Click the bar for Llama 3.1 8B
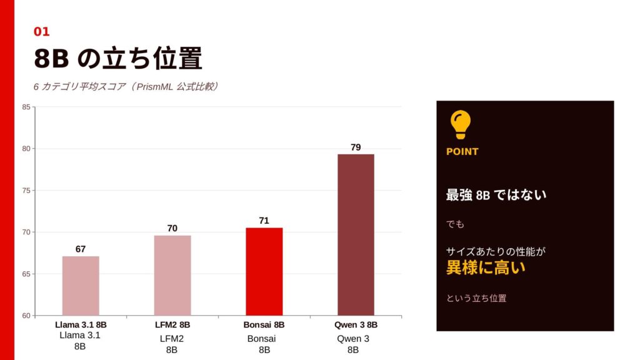point(81,286)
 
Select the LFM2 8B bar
point(172,275)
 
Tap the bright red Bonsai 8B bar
point(264,271)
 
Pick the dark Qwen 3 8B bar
point(356,234)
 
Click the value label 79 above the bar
point(356,147)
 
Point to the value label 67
point(81,249)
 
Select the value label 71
point(264,221)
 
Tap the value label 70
point(172,228)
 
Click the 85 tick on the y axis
point(26,107)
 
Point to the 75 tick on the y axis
point(26,191)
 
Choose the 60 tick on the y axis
point(26,316)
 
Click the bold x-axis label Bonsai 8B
point(264,325)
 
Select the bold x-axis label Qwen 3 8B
point(356,325)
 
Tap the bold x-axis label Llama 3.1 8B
point(81,325)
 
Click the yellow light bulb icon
point(461,124)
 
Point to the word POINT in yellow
point(462,151)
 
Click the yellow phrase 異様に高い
point(486,268)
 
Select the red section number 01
point(41,31)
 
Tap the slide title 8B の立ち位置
point(118,59)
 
